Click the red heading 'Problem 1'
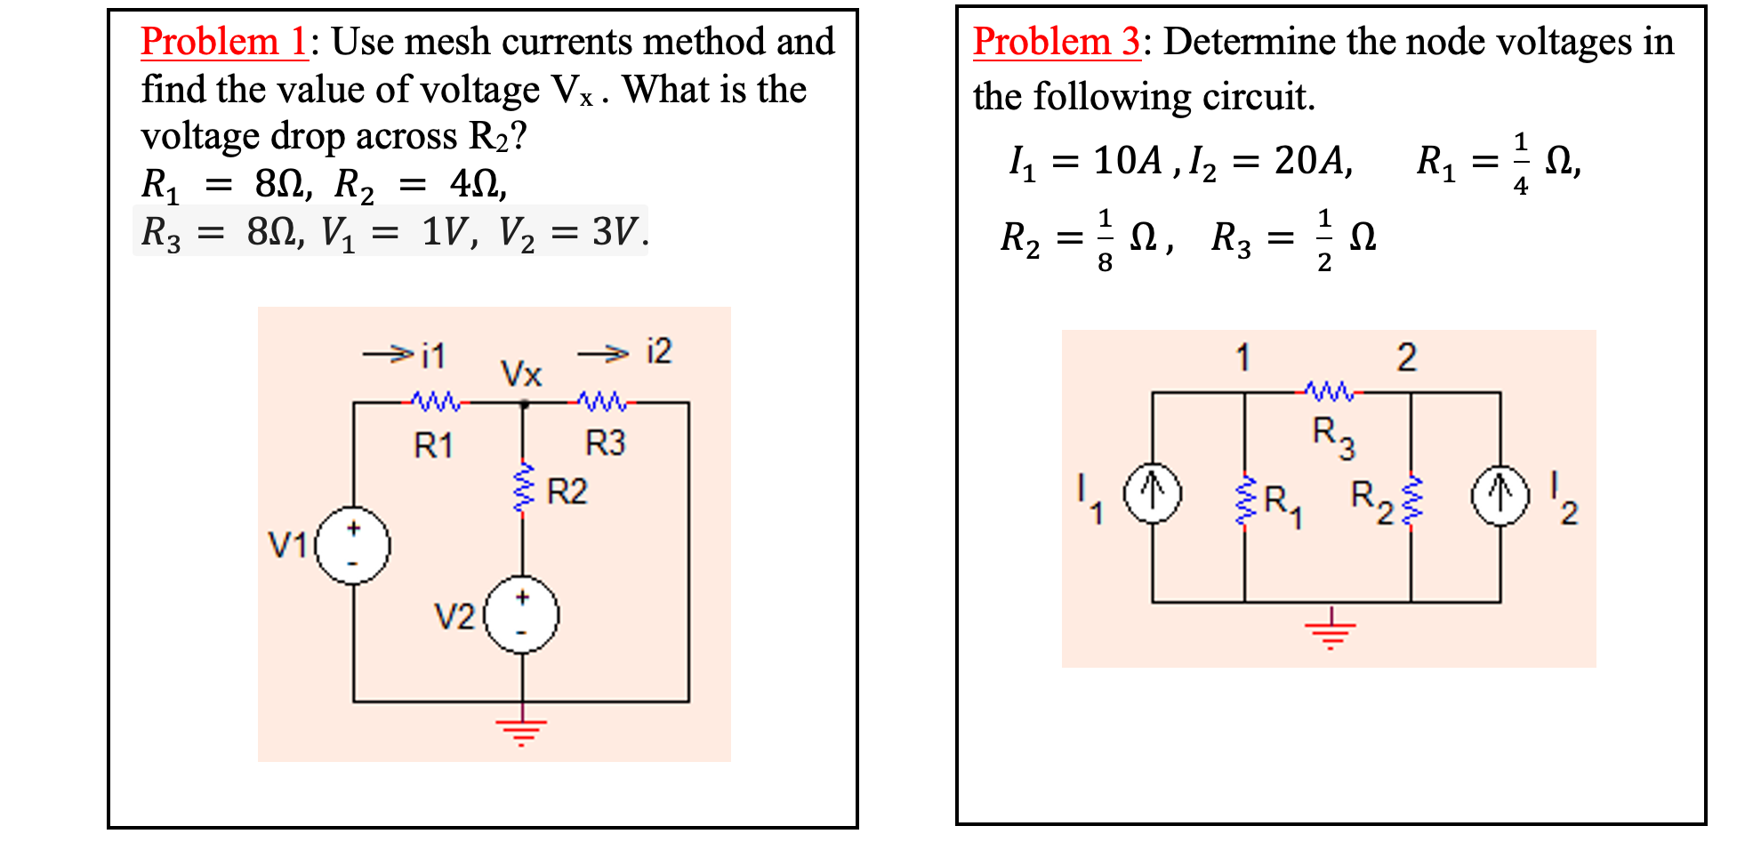coord(223,42)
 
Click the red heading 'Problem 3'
coord(1056,42)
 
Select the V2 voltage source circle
coord(522,615)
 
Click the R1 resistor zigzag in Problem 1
coord(436,402)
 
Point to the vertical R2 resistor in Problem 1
coord(523,487)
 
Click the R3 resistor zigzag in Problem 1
coord(602,402)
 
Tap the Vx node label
coord(521,374)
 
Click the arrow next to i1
coord(388,355)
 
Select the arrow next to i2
coord(604,355)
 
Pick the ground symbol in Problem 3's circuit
coord(1331,630)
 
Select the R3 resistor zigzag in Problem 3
coord(1330,390)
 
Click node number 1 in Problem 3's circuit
coord(1242,358)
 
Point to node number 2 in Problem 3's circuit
coord(1406,357)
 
